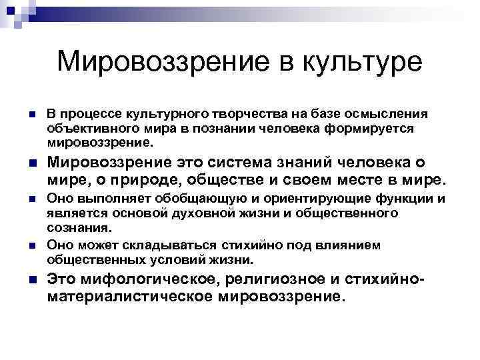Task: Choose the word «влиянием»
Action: pyautogui.click(x=353, y=245)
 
